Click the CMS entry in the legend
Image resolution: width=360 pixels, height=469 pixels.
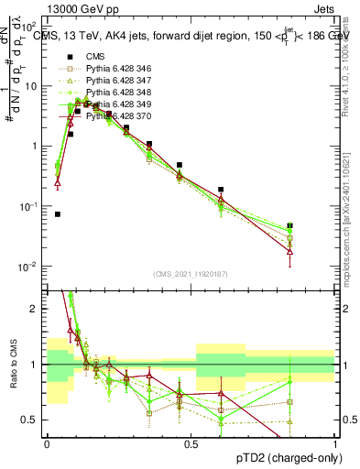[x=97, y=57]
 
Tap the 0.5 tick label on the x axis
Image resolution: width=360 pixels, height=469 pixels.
[x=191, y=443]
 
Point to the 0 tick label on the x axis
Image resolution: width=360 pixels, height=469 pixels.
[x=47, y=443]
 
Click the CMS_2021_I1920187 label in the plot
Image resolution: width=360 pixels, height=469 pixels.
[x=191, y=273]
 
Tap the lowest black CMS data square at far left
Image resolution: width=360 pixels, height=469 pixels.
[x=58, y=214]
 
